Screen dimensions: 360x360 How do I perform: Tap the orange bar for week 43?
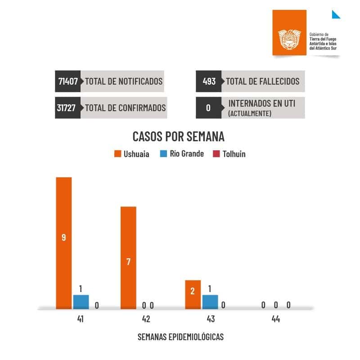click(193, 295)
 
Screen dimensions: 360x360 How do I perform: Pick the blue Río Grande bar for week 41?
click(81, 302)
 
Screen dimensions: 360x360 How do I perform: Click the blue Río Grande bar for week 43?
click(210, 302)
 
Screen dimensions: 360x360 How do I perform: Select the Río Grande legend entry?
click(182, 154)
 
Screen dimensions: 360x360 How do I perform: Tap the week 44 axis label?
click(275, 319)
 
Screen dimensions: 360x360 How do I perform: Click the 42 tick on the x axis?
click(145, 319)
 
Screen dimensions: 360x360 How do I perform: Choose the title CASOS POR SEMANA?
click(178, 136)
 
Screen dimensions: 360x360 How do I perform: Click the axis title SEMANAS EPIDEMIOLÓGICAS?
click(180, 337)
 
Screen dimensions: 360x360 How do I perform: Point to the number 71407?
click(68, 81)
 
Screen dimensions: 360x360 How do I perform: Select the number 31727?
click(68, 108)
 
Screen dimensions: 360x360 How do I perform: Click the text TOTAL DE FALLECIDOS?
click(262, 81)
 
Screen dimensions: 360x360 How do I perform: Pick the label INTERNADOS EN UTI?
click(261, 103)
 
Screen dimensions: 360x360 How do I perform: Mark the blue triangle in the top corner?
click(335, 14)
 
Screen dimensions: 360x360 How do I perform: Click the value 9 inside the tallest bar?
click(63, 237)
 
